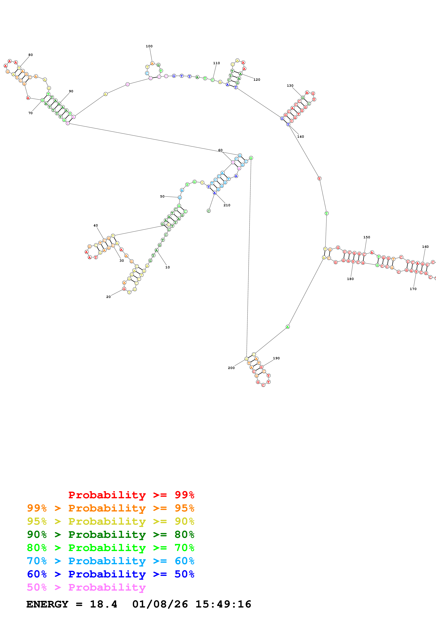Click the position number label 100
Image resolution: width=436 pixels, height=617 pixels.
pyautogui.click(x=149, y=46)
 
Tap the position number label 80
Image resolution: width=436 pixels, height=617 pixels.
pyautogui.click(x=31, y=55)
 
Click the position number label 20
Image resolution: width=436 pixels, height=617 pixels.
pyautogui.click(x=109, y=297)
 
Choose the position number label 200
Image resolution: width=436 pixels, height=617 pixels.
pyautogui.click(x=231, y=368)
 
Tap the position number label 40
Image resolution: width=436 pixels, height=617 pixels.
pyautogui.click(x=96, y=226)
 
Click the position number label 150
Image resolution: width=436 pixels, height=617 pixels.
pyautogui.click(x=367, y=237)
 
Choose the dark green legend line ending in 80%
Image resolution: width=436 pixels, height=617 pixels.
pyautogui.click(x=111, y=535)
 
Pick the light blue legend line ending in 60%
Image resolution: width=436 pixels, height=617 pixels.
pyautogui.click(x=111, y=561)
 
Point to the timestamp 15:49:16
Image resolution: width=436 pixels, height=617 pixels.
pyautogui.click(x=223, y=604)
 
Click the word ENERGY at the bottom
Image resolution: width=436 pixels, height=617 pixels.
pyautogui.click(x=47, y=604)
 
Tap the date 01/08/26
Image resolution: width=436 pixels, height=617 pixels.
pyautogui.click(x=160, y=604)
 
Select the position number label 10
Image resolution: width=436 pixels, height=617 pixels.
pyautogui.click(x=168, y=267)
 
